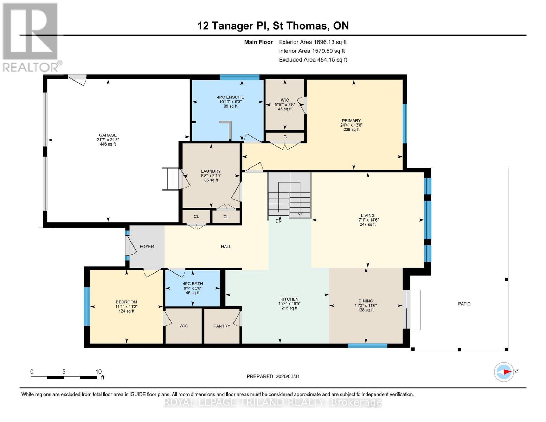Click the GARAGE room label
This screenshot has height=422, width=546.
(108, 135)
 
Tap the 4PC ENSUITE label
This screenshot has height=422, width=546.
(230, 97)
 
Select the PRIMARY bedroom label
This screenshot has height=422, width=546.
(351, 121)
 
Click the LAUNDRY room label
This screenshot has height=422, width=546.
(211, 171)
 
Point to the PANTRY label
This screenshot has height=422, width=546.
(221, 326)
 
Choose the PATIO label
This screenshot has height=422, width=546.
(464, 304)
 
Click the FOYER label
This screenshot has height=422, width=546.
(147, 247)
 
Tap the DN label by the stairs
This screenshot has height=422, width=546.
(278, 221)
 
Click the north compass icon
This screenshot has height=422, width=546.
(504, 372)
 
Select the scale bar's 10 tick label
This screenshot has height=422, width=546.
(98, 371)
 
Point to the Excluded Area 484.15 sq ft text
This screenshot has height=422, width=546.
(313, 60)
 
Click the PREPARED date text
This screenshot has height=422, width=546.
(273, 376)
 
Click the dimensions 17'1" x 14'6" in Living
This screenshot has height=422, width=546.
(367, 220)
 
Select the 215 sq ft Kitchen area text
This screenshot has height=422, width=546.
(289, 308)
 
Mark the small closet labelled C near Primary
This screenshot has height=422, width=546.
(285, 137)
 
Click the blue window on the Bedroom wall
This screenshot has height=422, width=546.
(87, 306)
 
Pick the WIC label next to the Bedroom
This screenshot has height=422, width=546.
(184, 326)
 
